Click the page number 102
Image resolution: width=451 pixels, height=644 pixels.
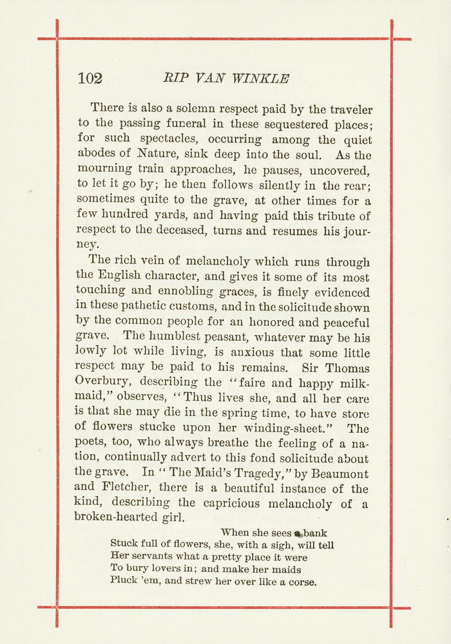point(90,79)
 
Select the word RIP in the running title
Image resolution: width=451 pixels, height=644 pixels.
point(174,79)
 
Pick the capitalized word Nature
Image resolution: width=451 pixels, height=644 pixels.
point(157,155)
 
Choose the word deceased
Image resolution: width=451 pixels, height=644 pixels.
point(183,230)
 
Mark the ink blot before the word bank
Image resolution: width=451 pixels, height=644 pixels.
point(298,534)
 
